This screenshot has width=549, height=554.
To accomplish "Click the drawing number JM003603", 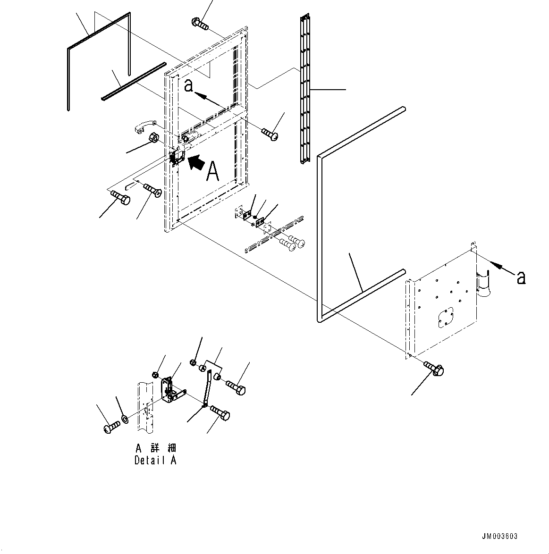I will pyautogui.click(x=499, y=536).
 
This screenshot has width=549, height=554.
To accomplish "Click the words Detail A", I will pyautogui.click(x=155, y=460).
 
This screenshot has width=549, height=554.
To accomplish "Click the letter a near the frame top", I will pyautogui.click(x=188, y=86).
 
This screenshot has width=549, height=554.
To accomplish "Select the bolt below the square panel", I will pyautogui.click(x=434, y=369).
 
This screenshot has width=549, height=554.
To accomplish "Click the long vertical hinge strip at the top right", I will pyautogui.click(x=305, y=90).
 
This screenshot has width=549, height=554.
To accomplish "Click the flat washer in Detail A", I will pyautogui.click(x=124, y=419).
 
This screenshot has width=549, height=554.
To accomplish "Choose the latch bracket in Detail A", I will pyautogui.click(x=170, y=391).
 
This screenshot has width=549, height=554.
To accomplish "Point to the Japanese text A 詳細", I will pyautogui.click(x=155, y=448).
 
